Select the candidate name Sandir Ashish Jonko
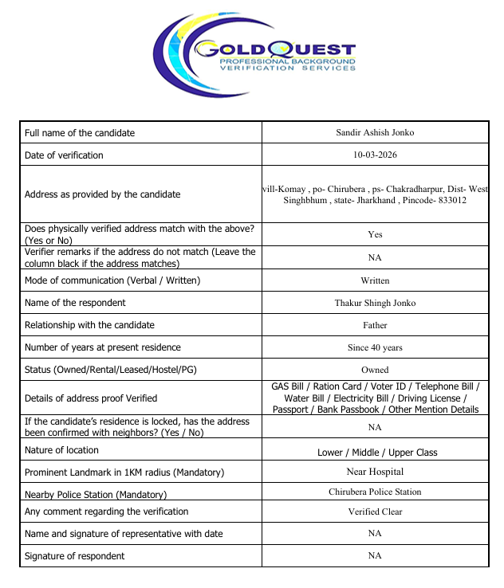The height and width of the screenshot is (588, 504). point(375,132)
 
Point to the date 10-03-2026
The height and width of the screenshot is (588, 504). point(375,155)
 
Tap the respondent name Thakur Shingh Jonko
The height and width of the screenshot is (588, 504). point(375,303)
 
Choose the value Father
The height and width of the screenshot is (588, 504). point(375,325)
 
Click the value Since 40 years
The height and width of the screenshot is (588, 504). point(375,347)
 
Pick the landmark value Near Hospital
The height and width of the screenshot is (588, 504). point(375,472)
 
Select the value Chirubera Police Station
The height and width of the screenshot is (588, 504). point(375,492)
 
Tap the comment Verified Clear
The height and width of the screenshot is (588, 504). point(375,512)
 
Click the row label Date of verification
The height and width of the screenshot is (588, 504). point(64,155)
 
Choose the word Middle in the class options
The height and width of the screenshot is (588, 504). point(369,453)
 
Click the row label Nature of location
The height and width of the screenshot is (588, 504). point(66,449)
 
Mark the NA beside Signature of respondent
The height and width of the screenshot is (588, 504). point(375,555)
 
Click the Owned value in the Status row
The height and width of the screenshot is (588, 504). point(375,370)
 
